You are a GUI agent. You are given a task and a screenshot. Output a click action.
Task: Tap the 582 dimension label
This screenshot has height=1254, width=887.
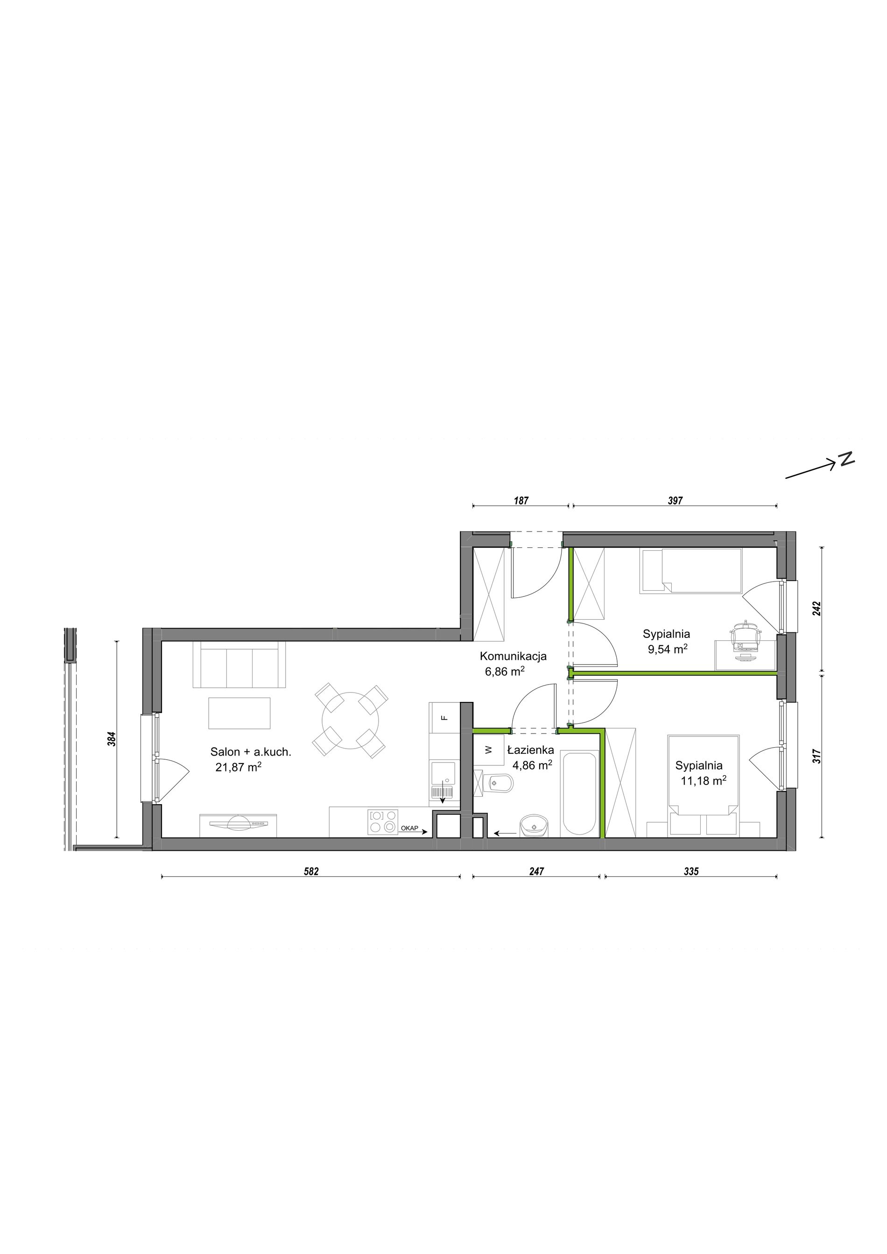click(311, 872)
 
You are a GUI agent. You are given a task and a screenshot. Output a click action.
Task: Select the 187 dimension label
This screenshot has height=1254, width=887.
click(521, 500)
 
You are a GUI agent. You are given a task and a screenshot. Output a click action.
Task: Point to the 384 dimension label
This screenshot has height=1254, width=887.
click(112, 740)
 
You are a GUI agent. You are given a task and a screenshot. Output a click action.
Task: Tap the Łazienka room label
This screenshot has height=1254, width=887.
click(530, 750)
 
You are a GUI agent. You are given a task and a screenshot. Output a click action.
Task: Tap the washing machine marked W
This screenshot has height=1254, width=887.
click(489, 750)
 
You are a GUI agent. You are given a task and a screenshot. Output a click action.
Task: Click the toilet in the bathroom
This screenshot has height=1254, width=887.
click(493, 785)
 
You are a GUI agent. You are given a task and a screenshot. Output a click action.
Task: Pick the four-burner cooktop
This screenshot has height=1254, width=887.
click(383, 821)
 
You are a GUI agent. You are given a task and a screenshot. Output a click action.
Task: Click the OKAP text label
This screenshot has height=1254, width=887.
click(409, 828)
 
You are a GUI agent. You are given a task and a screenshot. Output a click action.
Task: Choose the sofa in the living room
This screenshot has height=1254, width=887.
click(239, 665)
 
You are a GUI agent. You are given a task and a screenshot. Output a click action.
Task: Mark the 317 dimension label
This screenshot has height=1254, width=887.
click(817, 756)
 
